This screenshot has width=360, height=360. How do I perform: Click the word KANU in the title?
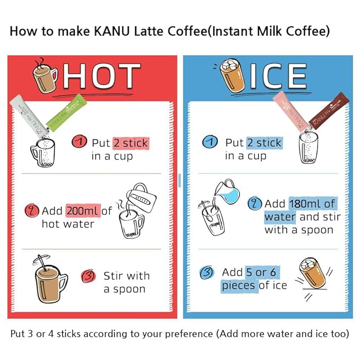(112, 31)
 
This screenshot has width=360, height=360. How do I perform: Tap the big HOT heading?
(102, 76)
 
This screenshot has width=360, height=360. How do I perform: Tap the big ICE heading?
(278, 76)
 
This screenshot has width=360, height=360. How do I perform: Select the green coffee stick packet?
(67, 113)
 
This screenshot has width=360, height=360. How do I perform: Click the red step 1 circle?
(79, 142)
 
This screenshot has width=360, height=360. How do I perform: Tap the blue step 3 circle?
(207, 273)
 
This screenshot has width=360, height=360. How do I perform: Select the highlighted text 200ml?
(83, 211)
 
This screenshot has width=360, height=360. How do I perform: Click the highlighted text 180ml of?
(313, 204)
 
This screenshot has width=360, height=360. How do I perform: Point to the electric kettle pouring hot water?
(141, 197)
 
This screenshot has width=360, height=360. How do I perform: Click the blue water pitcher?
(227, 192)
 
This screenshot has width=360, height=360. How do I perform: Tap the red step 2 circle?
(32, 210)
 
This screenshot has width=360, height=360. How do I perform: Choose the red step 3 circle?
(89, 276)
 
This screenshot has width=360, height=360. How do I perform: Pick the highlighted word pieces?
(238, 286)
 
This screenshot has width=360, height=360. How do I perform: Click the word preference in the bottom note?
(189, 334)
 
